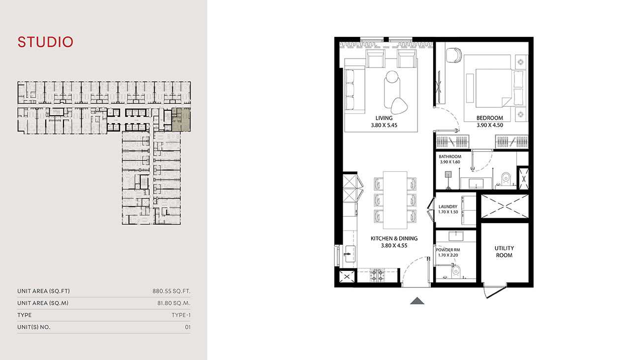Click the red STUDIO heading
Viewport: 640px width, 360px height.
point(45,42)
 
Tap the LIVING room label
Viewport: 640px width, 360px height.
point(384,118)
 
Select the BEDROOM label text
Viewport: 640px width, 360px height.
point(490,118)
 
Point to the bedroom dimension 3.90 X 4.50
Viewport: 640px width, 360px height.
point(490,125)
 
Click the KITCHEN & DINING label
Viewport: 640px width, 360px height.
point(394,238)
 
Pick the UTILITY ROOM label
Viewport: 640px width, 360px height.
point(504,252)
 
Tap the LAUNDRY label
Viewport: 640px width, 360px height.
point(448,206)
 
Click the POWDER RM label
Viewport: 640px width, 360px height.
point(448,250)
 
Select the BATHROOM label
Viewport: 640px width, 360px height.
point(450,157)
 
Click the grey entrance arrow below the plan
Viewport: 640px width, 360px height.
point(417,300)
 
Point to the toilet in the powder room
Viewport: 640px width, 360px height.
point(456,271)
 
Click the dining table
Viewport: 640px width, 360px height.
point(395,200)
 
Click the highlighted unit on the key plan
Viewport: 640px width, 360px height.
point(181,120)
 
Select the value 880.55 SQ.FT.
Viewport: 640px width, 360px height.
point(171,291)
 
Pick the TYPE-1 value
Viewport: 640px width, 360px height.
point(181,315)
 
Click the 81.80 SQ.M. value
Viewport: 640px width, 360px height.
point(174,303)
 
